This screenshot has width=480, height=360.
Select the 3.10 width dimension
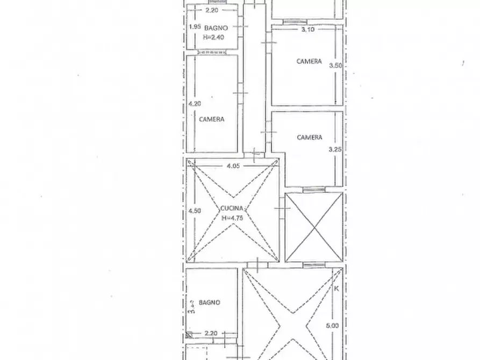pos(308,30)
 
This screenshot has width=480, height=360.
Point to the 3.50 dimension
pos(335,65)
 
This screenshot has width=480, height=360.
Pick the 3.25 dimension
pos(335,150)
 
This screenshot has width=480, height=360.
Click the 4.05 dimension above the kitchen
pos(233,166)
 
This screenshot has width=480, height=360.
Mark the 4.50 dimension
pos(194,211)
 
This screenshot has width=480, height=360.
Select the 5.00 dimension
pos(333,325)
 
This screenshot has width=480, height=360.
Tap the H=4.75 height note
pos(232,218)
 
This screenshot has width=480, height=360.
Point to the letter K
pos(336,289)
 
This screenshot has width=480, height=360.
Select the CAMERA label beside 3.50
pos(309,62)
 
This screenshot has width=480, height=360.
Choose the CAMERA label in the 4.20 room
pos(211,119)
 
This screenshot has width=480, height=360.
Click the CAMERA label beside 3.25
pos(310,138)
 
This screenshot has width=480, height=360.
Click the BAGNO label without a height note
pos(209,303)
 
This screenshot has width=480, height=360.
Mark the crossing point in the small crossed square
pos(314,227)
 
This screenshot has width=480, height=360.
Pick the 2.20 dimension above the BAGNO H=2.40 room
pos(212,10)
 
